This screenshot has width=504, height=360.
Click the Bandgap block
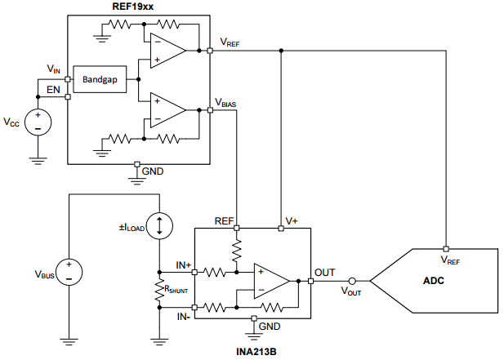(100, 79)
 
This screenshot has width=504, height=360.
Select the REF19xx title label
(133, 7)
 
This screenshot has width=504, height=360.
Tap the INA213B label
(256, 352)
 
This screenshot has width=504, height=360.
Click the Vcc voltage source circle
(38, 122)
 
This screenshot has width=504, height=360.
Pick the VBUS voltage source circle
(69, 272)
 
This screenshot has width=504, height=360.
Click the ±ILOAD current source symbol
(159, 226)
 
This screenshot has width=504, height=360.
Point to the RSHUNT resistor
(159, 290)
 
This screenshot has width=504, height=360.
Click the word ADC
(434, 281)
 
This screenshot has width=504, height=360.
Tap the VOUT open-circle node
(352, 282)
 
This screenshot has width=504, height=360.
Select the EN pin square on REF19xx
(68, 96)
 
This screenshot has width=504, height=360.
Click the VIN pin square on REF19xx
(68, 79)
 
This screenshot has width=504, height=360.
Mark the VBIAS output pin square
(210, 110)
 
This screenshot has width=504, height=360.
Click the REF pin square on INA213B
(237, 228)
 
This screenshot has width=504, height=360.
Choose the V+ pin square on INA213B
(281, 229)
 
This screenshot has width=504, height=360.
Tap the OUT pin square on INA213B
(311, 282)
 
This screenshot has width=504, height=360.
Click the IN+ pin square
(194, 273)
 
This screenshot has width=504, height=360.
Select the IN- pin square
(194, 307)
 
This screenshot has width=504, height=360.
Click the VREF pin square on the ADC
(446, 249)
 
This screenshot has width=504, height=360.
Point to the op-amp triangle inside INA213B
(272, 282)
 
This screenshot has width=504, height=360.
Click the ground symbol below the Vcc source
(38, 161)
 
